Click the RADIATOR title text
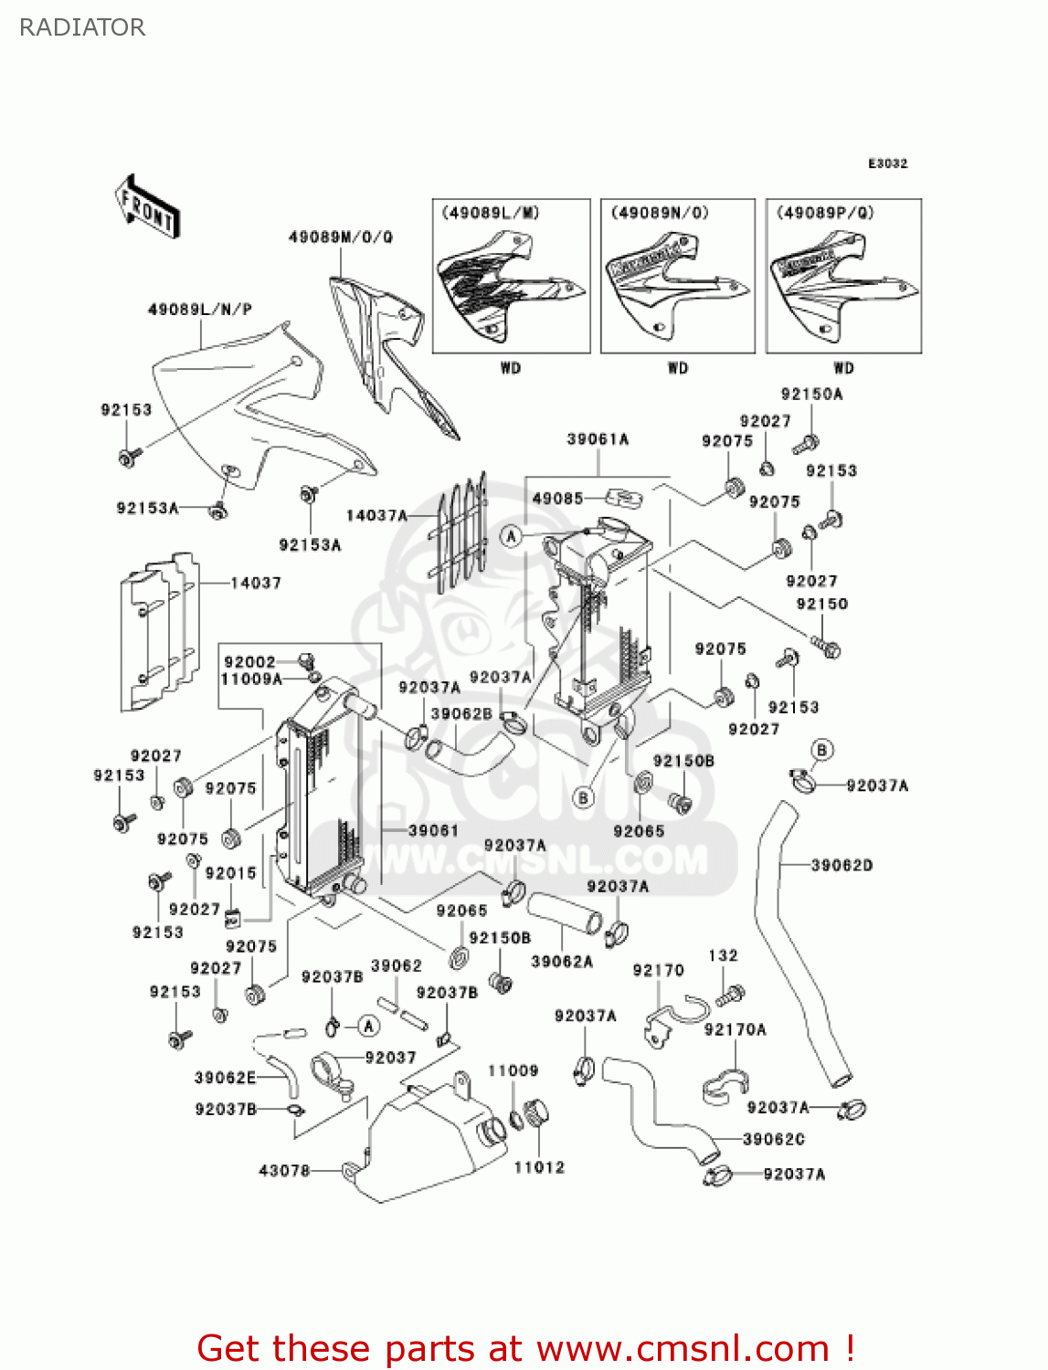tap(82, 27)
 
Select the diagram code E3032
tap(887, 163)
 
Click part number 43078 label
tap(284, 1170)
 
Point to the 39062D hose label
tap(842, 865)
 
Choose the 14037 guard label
tap(256, 583)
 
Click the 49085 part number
tap(557, 498)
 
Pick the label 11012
tap(539, 1167)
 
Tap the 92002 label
tap(249, 662)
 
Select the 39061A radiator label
tap(598, 439)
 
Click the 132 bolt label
tap(723, 955)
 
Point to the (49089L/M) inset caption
tap(491, 213)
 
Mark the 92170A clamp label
tap(735, 1029)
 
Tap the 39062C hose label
tap(773, 1139)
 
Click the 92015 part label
tap(230, 873)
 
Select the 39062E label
tap(225, 1078)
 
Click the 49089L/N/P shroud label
tap(199, 310)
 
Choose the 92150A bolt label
tap(811, 395)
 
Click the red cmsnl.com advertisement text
tap(525, 1348)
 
